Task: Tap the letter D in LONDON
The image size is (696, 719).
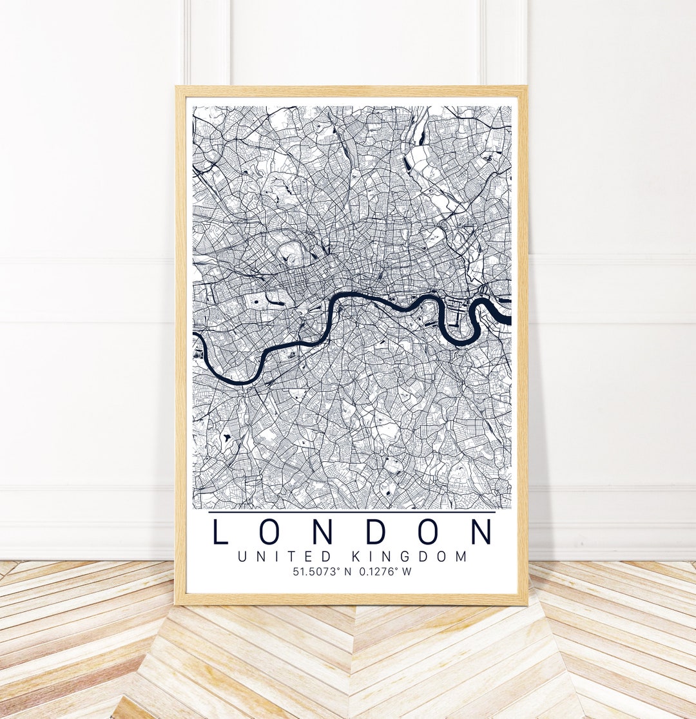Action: [378, 532]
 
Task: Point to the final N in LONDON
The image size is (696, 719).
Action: [481, 532]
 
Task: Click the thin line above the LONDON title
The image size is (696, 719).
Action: [352, 512]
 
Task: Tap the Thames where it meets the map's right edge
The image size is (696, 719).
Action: [506, 318]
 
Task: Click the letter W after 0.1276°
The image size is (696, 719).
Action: [406, 571]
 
